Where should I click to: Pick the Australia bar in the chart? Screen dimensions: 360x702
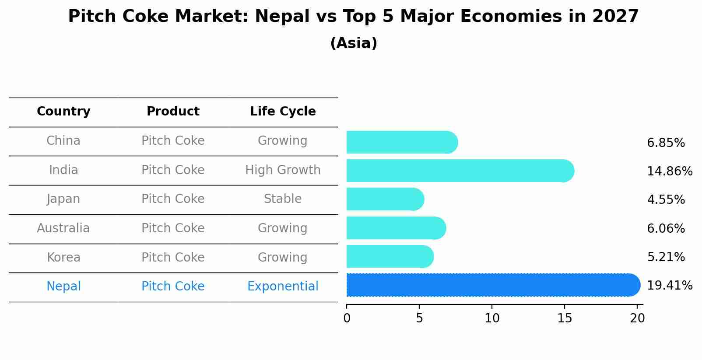click(x=396, y=228)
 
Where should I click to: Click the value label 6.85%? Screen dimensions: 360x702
click(x=666, y=143)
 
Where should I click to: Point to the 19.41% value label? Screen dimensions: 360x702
click(x=669, y=286)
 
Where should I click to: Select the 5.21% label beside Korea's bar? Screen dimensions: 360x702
click(x=666, y=257)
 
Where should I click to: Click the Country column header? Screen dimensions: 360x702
click(x=63, y=112)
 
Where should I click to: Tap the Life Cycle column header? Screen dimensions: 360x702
click(x=283, y=112)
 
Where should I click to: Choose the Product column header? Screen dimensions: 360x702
click(x=173, y=112)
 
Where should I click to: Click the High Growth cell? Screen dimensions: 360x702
click(x=283, y=170)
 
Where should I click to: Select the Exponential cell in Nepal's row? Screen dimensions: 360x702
click(x=283, y=287)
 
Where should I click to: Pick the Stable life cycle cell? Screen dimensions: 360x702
click(x=283, y=199)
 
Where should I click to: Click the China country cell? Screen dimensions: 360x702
click(x=63, y=141)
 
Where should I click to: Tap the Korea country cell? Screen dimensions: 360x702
click(x=63, y=257)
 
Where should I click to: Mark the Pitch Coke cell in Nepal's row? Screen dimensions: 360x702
click(x=173, y=287)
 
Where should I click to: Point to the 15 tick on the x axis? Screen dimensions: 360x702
click(x=565, y=318)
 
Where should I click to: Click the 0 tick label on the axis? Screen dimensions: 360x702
click(x=347, y=318)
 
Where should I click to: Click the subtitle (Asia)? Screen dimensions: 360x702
click(x=354, y=43)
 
